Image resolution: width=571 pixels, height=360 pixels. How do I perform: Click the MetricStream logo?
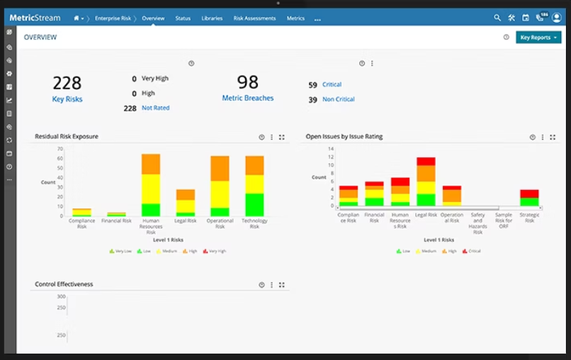coord(35,18)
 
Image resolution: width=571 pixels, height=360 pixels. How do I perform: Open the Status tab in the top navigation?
coord(183,18)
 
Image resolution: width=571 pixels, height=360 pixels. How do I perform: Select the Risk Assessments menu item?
coord(254,18)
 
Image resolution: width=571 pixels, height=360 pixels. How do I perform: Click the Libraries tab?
coord(212,18)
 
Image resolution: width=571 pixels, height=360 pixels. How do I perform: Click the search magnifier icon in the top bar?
coord(497,18)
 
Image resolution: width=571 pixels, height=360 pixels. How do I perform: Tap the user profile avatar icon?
coord(556,18)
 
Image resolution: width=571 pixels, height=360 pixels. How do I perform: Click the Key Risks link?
coord(67,99)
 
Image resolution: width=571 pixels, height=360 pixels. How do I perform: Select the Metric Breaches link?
coord(248,99)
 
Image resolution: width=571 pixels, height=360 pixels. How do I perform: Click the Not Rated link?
coord(155,108)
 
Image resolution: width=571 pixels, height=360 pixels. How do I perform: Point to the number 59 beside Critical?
coord(312,85)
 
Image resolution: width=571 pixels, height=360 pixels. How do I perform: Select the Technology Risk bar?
coord(254,186)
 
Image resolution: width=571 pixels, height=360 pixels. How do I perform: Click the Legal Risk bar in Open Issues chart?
coord(426,182)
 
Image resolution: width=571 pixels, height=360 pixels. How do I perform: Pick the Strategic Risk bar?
coord(529,198)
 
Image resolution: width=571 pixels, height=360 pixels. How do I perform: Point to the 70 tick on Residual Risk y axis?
coord(60,149)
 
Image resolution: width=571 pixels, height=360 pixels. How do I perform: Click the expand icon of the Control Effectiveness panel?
coord(282,285)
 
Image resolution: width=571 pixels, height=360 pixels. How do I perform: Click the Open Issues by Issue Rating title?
coord(344,137)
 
